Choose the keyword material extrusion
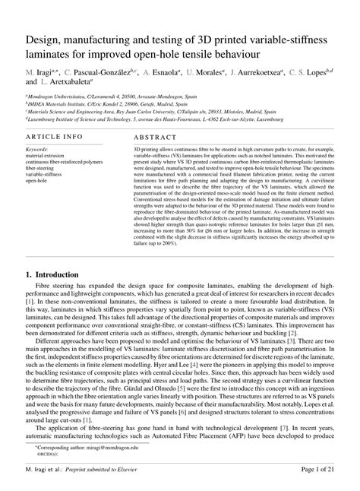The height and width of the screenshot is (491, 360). [44, 156]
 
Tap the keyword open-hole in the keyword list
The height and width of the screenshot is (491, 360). [37, 180]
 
